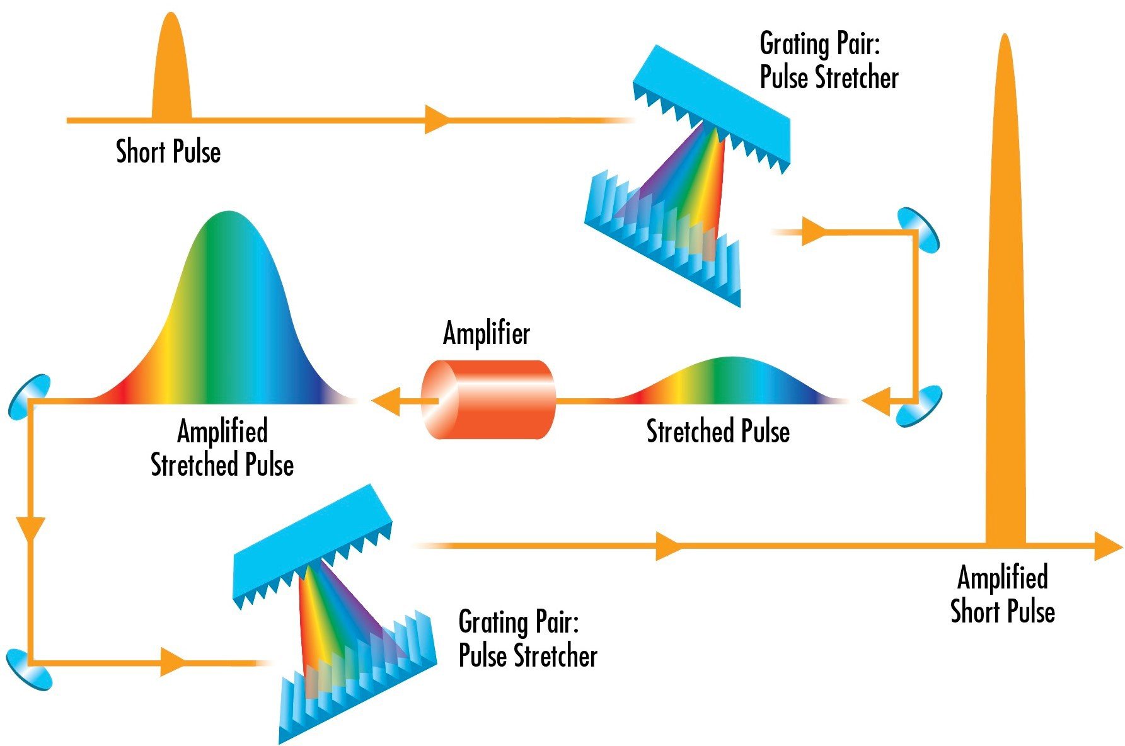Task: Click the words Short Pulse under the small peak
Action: tap(168, 152)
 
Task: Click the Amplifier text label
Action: tap(486, 333)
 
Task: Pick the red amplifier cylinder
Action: tap(488, 399)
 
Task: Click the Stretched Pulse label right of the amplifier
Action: tap(718, 432)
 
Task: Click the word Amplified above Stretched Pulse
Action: tap(222, 432)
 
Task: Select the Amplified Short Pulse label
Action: tap(1002, 594)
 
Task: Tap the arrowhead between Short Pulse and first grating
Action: tap(436, 119)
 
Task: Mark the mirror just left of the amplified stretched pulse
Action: tap(29, 396)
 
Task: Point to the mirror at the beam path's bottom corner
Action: tap(28, 669)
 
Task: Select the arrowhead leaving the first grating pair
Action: tap(813, 231)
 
